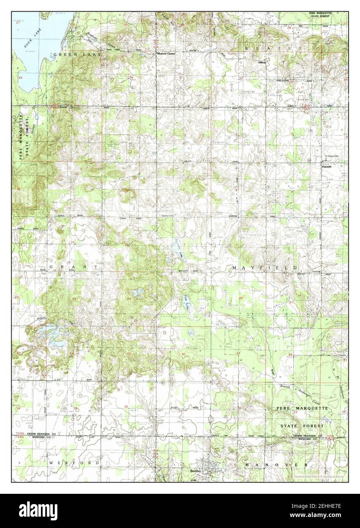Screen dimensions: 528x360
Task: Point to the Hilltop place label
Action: [x=262, y=62]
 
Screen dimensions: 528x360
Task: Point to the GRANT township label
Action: [x=74, y=267]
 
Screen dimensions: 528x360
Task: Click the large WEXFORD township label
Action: [x=74, y=463]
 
